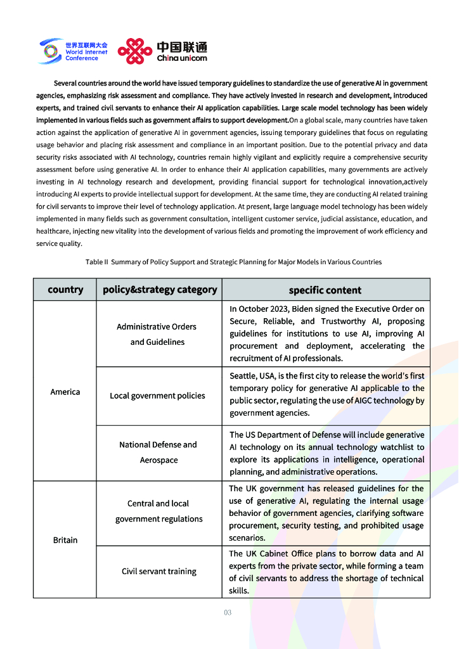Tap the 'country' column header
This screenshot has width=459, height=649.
point(65,290)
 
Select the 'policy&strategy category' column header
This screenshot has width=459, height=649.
point(160,290)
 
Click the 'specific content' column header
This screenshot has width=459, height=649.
point(325,290)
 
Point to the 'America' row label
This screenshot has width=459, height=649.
point(65,392)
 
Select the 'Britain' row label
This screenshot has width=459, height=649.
point(65,540)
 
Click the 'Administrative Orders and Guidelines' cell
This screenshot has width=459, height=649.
point(157,334)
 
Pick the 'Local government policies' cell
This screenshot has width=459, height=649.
point(157,395)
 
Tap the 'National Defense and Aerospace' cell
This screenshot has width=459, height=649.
point(158,453)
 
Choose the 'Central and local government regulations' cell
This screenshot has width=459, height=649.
point(158,511)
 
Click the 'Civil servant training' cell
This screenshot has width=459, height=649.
point(159,571)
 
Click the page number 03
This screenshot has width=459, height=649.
point(228,612)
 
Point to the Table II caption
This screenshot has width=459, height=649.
point(233,262)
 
